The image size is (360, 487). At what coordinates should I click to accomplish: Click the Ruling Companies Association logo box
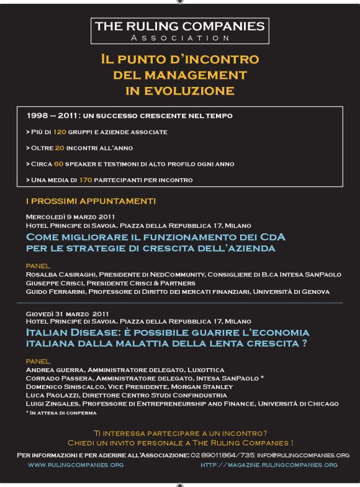(x=179, y=30)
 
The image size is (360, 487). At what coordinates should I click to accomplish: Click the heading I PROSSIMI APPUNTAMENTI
(x=91, y=201)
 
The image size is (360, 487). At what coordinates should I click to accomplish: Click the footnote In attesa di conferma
(x=63, y=412)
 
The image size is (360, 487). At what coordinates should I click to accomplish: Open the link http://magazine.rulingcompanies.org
(x=269, y=465)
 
